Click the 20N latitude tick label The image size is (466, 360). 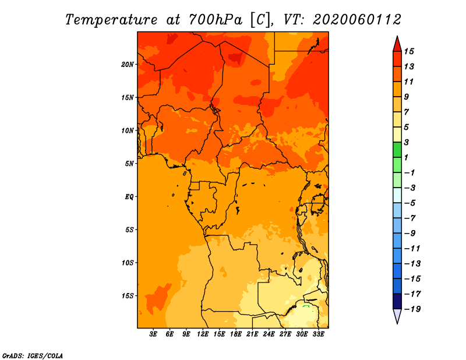coord(128,65)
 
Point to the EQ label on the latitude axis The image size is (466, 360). coord(129,197)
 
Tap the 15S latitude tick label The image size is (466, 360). coord(128,296)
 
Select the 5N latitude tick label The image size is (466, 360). coord(129,164)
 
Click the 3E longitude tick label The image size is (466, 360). coord(153,334)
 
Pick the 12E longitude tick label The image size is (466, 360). coord(203,334)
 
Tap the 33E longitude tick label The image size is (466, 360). coord(318,334)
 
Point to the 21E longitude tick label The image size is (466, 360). coord(252,334)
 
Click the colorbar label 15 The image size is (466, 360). coord(409,51)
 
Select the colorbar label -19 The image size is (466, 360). coord(412,309)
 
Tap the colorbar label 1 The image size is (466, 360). coord(406,157)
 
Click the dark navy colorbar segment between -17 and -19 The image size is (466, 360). coord(397,301)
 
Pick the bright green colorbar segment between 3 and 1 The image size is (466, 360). coord(397,150)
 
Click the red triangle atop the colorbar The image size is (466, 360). coord(397,45)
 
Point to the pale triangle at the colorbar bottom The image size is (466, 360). coord(397,316)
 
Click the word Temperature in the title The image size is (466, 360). coord(111,20)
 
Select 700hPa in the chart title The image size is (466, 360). coord(216,20)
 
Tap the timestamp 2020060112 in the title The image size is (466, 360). coord(357,20)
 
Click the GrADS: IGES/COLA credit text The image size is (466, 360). coord(33,356)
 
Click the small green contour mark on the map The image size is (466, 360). coord(306,306)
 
